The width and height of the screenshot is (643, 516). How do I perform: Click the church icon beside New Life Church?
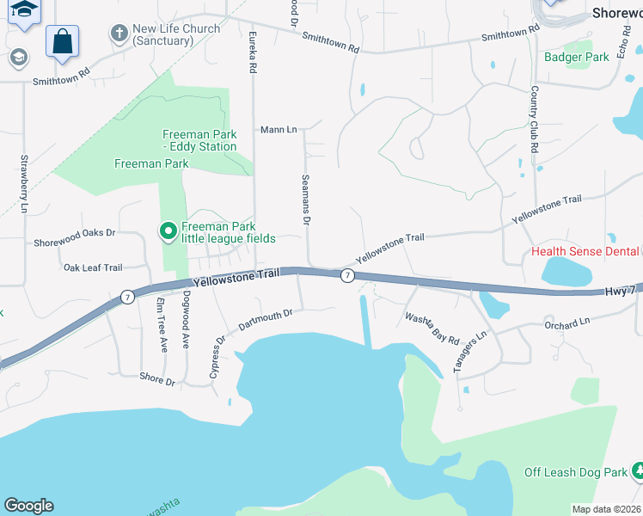pyautogui.click(x=119, y=34)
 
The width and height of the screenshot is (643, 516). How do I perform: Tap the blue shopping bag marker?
pyautogui.click(x=62, y=41)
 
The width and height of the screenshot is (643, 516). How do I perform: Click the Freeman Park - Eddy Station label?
pyautogui.click(x=199, y=140)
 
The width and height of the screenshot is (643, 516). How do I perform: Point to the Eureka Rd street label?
pyautogui.click(x=253, y=53)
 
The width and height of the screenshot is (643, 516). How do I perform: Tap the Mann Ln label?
pyautogui.click(x=279, y=130)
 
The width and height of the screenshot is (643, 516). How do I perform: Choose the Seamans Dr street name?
pyautogui.click(x=305, y=199)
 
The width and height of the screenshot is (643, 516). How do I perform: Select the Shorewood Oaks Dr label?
pyautogui.click(x=74, y=232)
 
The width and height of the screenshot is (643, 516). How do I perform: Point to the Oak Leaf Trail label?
pyautogui.click(x=93, y=267)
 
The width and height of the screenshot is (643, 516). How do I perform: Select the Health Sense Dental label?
pyautogui.click(x=585, y=252)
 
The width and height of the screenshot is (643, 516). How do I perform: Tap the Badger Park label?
pyautogui.click(x=576, y=58)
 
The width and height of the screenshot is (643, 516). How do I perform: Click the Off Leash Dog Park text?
pyautogui.click(x=576, y=472)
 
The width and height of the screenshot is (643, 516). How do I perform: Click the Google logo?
pyautogui.click(x=28, y=506)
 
